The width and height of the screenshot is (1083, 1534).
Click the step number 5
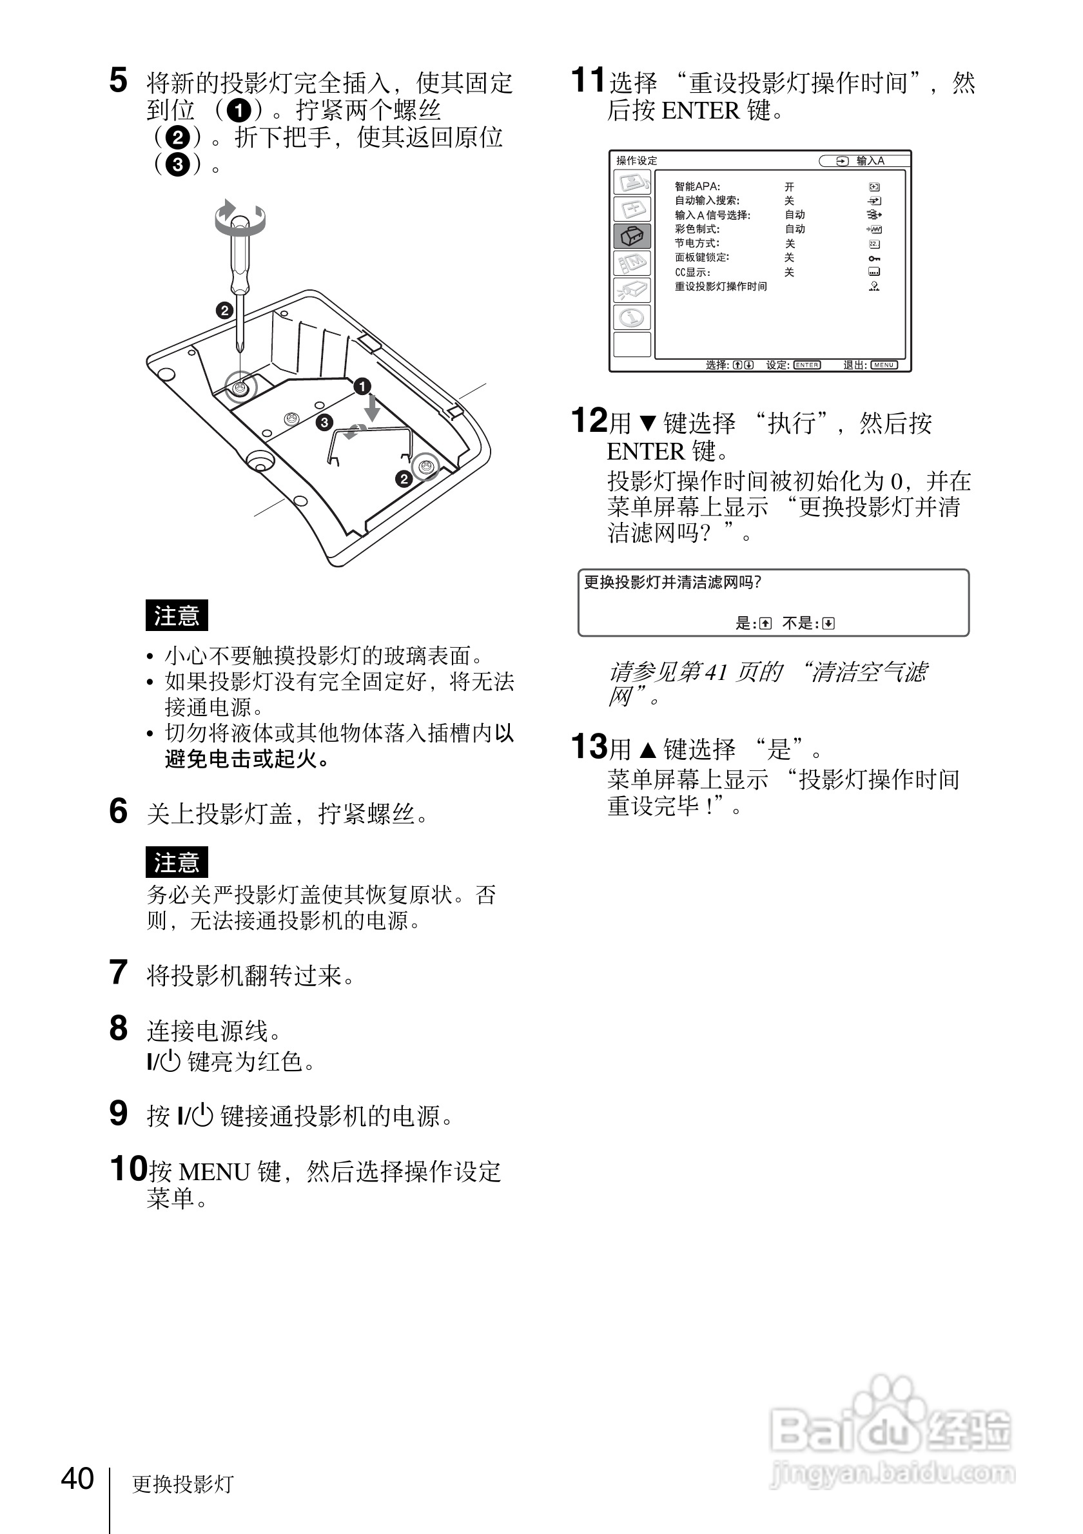coord(118,81)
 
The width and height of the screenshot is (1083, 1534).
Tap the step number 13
coord(589,747)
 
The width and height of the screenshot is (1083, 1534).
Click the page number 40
coord(77,1479)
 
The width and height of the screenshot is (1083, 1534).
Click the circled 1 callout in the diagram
coord(362,386)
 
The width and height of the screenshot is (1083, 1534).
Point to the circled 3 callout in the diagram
coord(324,422)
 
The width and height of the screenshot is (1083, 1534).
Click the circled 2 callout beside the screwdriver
coord(224,310)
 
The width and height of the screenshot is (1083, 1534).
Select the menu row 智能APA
coord(698,187)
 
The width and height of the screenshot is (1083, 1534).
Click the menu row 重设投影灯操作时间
coord(721,287)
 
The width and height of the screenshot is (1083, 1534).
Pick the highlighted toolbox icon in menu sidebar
coord(631,237)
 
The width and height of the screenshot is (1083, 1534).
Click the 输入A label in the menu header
coord(870,161)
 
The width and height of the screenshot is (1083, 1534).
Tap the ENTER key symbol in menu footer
coord(806,365)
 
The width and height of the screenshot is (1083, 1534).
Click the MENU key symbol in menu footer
coord(884,365)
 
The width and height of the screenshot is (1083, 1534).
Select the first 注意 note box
coord(177,616)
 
